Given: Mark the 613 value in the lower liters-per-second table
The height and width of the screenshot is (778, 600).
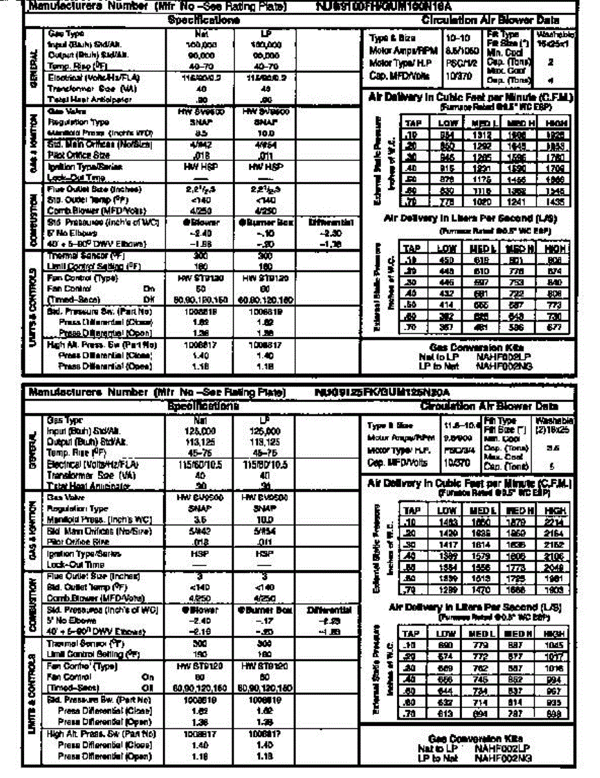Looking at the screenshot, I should pyautogui.click(x=444, y=713).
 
